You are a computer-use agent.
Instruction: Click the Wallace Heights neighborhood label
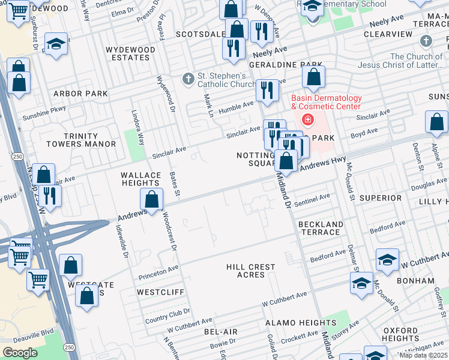point(141,180)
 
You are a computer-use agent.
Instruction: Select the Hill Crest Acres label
point(251,271)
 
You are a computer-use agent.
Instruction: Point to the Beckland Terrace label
point(321,228)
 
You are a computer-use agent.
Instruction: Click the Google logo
point(20,353)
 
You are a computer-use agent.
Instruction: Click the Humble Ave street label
point(236,106)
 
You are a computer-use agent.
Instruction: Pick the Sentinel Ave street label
point(312,197)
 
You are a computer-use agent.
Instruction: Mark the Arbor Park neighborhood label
point(80,94)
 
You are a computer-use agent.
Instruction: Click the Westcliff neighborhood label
point(160,292)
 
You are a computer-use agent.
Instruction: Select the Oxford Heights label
point(400,334)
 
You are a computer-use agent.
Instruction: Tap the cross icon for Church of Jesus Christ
point(426,41)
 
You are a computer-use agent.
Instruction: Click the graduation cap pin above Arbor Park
point(56,44)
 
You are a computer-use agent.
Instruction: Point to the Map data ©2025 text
point(423,355)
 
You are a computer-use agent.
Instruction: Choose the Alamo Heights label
point(292,323)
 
